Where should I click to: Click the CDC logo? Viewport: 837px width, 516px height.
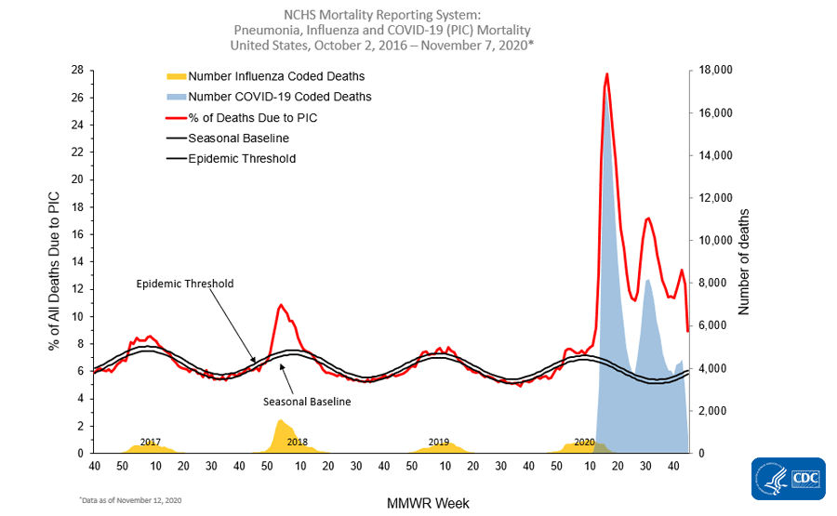tap(788, 479)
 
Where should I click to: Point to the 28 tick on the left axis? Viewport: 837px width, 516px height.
tap(77, 71)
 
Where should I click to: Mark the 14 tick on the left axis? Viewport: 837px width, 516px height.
tap(77, 261)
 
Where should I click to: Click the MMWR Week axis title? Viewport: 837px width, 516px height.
tap(428, 503)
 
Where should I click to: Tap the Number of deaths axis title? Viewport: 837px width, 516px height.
tap(744, 262)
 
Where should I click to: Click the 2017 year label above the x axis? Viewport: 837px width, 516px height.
tap(151, 442)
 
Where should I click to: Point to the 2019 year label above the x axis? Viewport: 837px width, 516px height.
tap(439, 442)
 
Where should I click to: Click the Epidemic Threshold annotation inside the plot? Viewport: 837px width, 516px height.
tap(183, 284)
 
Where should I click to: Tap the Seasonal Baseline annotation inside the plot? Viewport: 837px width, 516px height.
tap(306, 402)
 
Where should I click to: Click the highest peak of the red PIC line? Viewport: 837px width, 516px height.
tap(607, 73)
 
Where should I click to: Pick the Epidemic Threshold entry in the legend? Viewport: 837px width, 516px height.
tap(242, 158)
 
